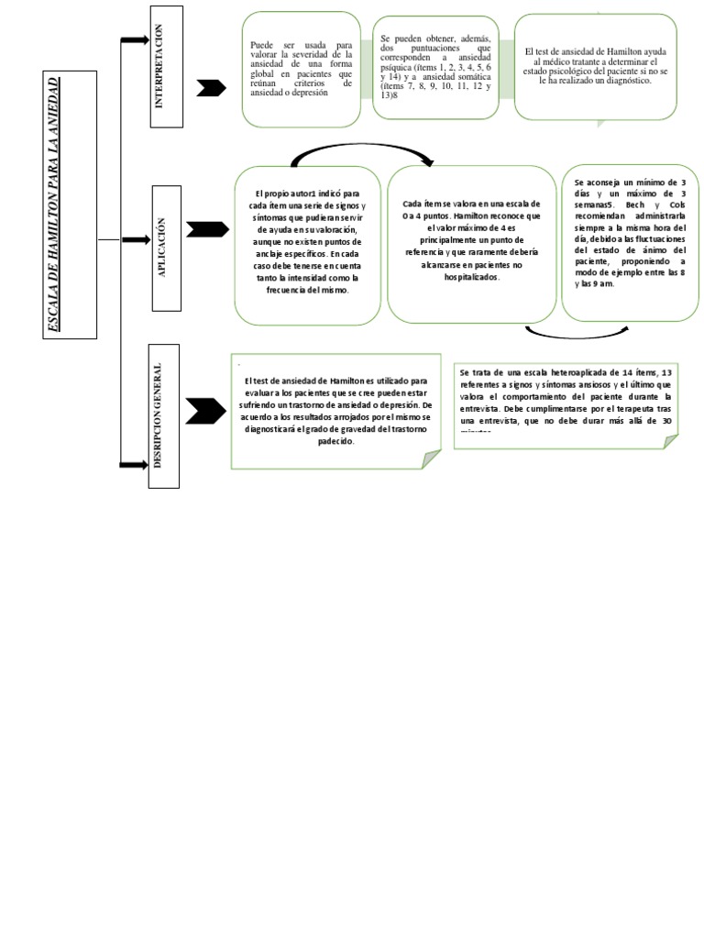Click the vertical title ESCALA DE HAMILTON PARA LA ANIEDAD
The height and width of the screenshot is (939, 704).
70,204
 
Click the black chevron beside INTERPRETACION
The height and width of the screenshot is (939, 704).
212,87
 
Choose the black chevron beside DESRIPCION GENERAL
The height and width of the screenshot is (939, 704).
204,410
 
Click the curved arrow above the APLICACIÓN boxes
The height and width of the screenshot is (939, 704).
362,152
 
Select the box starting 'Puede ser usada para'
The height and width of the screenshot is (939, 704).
302,69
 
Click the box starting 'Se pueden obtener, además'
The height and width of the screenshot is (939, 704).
436,68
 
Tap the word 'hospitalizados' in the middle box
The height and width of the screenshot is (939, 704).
471,275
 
